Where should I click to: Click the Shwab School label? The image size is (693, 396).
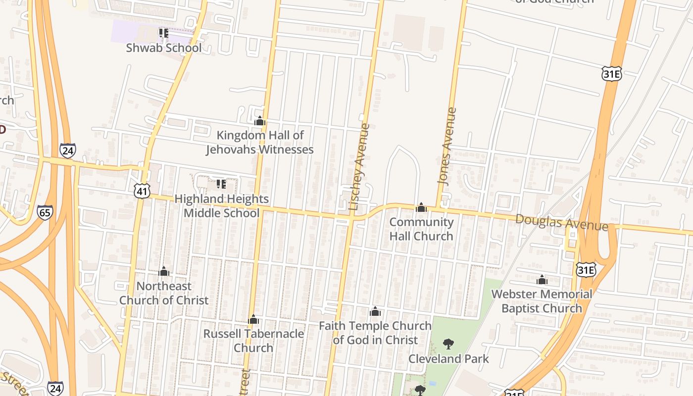[x=163, y=48]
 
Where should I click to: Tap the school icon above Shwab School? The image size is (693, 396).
[x=163, y=33]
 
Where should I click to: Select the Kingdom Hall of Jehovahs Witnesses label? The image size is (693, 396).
[x=260, y=142]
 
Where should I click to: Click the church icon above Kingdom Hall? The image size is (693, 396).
[x=260, y=121]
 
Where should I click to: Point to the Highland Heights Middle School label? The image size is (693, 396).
[x=221, y=206]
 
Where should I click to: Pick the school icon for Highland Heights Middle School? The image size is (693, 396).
[x=221, y=184]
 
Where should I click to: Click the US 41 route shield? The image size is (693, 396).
[x=142, y=191]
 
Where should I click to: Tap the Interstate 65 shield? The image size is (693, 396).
[x=45, y=212]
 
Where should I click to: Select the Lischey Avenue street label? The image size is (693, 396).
[x=359, y=167]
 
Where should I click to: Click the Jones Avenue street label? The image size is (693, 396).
[x=446, y=146]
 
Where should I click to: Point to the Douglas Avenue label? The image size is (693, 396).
[x=561, y=222]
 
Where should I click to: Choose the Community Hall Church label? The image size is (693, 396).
[x=421, y=229]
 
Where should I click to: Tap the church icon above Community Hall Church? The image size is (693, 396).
[x=421, y=207]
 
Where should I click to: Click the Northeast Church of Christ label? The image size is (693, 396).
[x=164, y=293]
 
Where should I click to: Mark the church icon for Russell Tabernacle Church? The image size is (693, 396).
[x=253, y=319]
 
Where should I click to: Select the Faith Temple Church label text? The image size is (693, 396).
[x=375, y=333]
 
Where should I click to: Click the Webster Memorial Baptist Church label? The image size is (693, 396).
[x=542, y=301]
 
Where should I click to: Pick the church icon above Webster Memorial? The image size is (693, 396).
[x=542, y=280]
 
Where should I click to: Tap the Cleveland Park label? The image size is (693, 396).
[x=448, y=359]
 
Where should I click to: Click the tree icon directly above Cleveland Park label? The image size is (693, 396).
[x=448, y=344]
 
